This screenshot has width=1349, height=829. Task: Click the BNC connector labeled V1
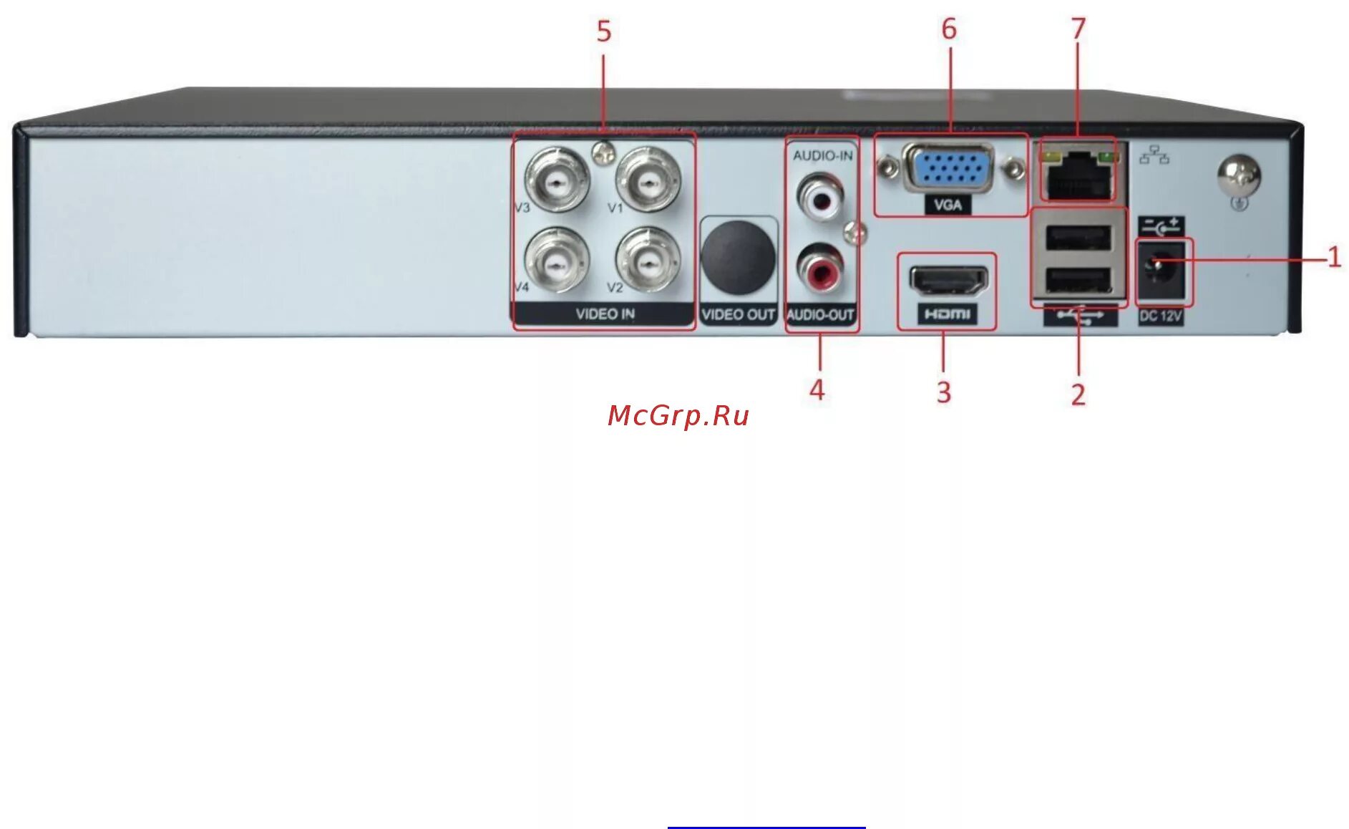(648, 179)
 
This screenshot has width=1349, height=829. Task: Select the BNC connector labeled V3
(557, 179)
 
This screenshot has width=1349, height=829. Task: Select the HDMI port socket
(948, 280)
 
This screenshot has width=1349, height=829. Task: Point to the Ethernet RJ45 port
(1078, 174)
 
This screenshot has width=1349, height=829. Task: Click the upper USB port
(1078, 238)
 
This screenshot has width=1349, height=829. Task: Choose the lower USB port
(1078, 280)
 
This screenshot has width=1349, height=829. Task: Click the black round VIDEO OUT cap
(738, 258)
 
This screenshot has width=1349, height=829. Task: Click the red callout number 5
(604, 31)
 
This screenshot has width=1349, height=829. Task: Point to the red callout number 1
(1334, 257)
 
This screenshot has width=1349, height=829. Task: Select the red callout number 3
(944, 392)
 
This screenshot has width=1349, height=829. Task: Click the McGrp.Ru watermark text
(678, 416)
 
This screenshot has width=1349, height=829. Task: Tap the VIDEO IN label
(605, 314)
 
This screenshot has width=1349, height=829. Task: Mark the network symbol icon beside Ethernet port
(1154, 155)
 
